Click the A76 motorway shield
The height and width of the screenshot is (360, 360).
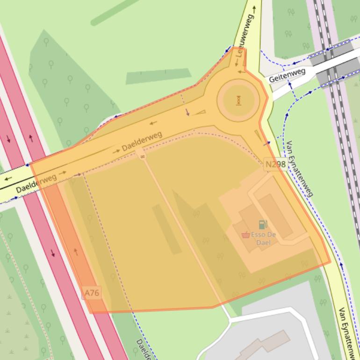(92, 293)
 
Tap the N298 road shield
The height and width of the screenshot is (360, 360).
(275, 164)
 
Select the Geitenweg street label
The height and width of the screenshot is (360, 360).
(287, 75)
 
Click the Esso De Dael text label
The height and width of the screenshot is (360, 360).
(264, 239)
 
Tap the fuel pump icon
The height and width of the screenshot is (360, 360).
(263, 225)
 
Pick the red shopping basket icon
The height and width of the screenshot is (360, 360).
(245, 235)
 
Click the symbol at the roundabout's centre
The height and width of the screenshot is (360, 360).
(238, 100)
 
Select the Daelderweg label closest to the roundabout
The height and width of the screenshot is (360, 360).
(142, 142)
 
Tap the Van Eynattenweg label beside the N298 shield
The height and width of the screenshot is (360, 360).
(299, 168)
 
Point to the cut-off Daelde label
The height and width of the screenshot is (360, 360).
(142, 349)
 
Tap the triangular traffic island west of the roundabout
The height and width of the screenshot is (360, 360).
(200, 112)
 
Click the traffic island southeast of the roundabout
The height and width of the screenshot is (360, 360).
(258, 136)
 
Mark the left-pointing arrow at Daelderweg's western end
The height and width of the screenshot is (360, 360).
(8, 178)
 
